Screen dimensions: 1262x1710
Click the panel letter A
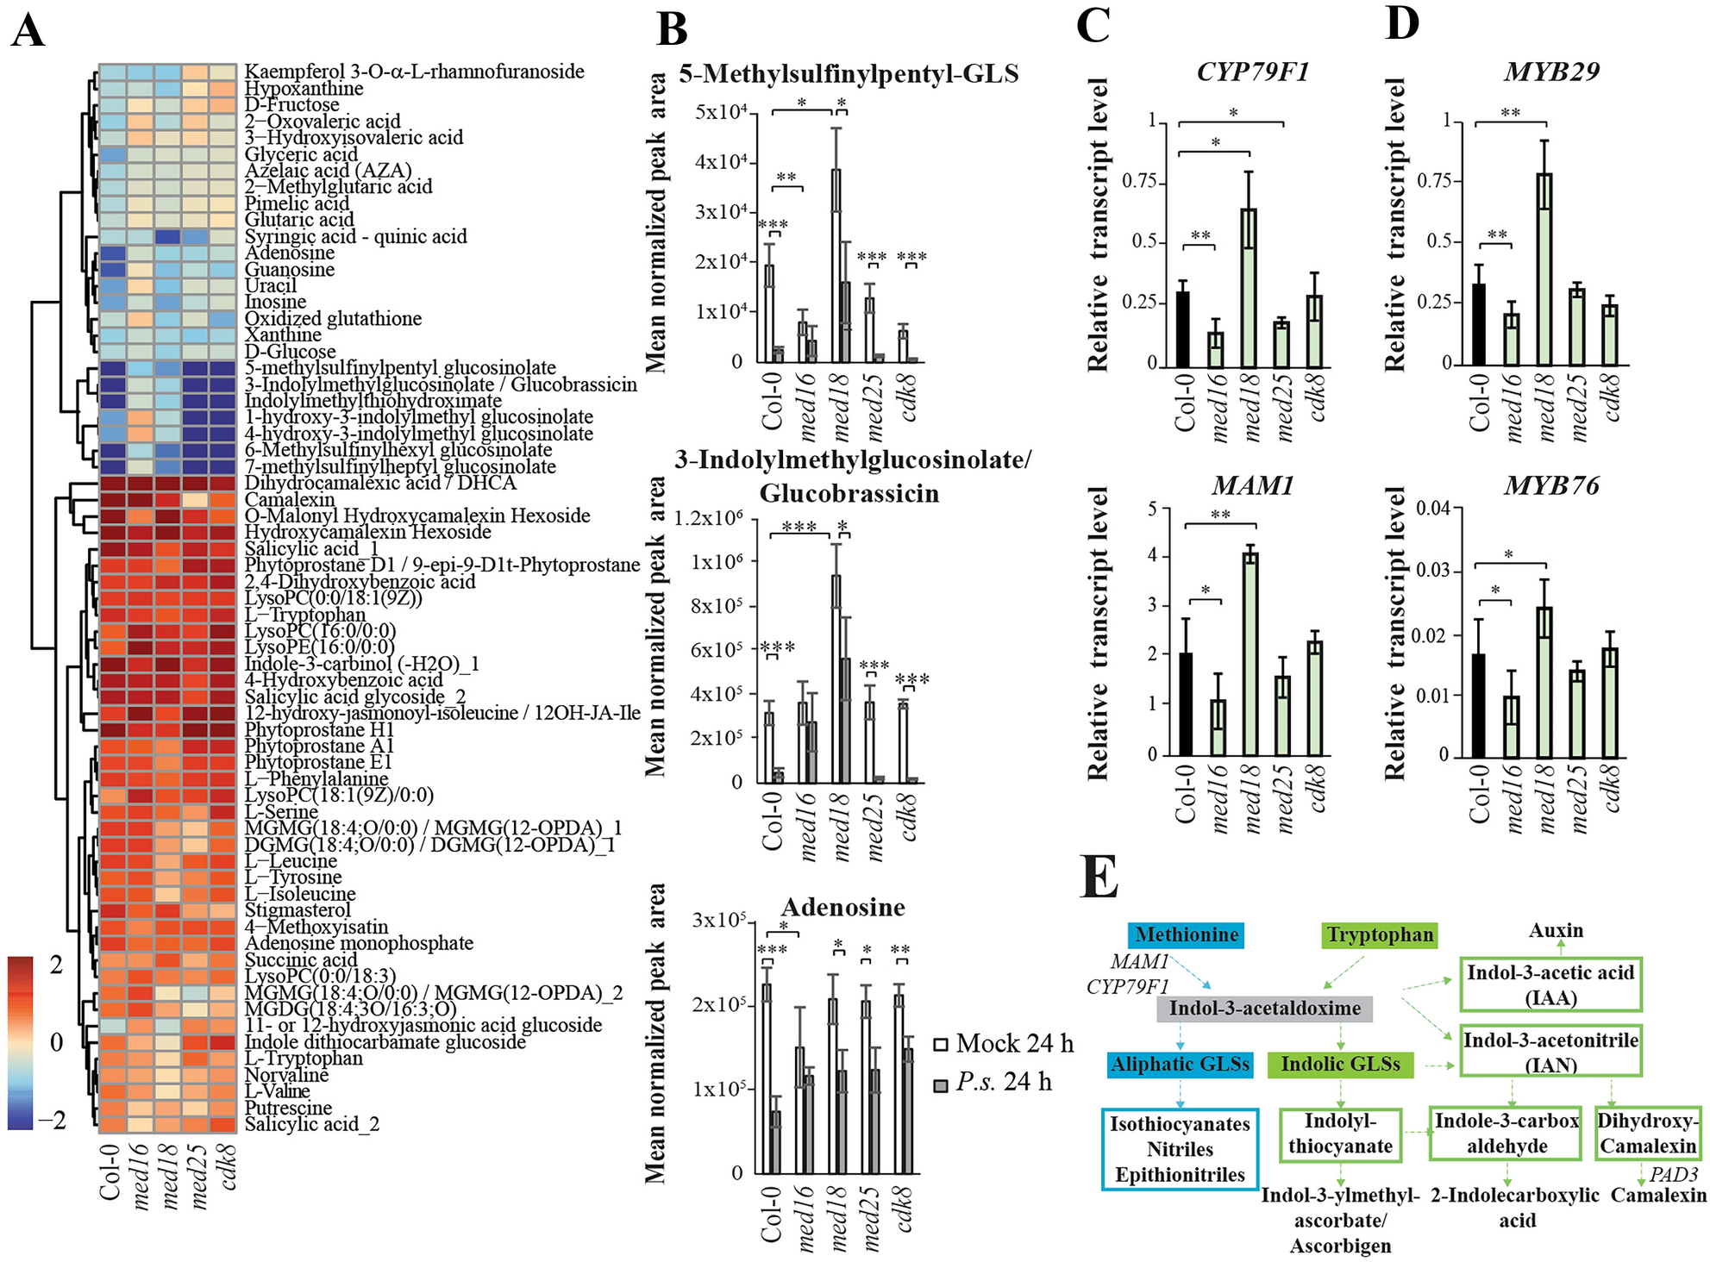[x=28, y=32]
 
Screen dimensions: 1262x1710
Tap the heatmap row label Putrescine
[x=288, y=1109]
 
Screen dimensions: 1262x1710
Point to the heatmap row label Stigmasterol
[x=298, y=910]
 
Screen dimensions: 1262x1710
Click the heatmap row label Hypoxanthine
[x=304, y=89]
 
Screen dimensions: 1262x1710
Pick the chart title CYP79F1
[x=1252, y=72]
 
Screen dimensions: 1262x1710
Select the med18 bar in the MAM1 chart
[x=1250, y=654]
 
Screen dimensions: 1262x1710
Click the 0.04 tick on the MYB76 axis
[x=1432, y=508]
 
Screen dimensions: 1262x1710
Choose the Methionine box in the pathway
[x=1187, y=935]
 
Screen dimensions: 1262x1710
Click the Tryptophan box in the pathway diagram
[x=1379, y=935]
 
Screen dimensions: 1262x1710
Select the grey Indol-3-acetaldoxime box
[x=1264, y=1009]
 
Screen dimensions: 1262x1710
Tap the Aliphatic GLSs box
[x=1179, y=1065]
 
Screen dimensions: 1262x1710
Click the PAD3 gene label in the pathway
[x=1673, y=1174]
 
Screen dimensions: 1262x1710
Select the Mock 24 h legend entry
[x=1004, y=1044]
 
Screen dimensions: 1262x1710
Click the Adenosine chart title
[x=842, y=907]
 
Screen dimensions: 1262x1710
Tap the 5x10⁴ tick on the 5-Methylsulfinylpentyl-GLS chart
[x=720, y=113]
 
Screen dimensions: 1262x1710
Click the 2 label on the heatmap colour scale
[x=57, y=965]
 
